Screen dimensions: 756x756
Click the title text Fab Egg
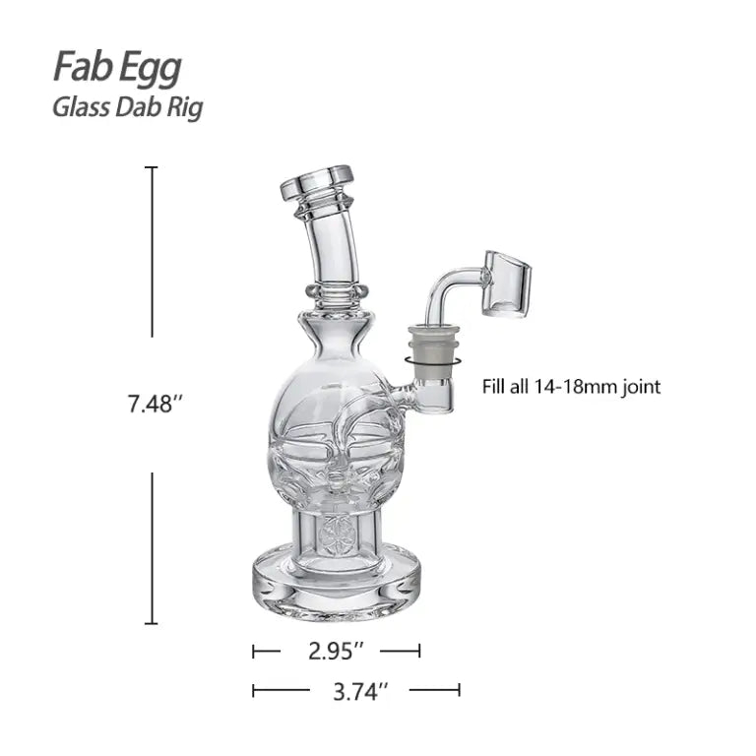(117, 67)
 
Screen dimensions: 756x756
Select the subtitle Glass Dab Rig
(128, 105)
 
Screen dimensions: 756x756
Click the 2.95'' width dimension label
(336, 651)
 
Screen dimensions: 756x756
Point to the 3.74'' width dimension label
(355, 691)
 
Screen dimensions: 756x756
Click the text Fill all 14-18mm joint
(571, 387)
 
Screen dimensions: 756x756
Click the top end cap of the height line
(152, 168)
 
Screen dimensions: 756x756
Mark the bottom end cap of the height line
(152, 623)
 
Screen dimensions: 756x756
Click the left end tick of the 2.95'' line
(254, 651)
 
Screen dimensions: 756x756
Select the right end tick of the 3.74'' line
(459, 691)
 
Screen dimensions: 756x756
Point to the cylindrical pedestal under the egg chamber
(336, 536)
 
